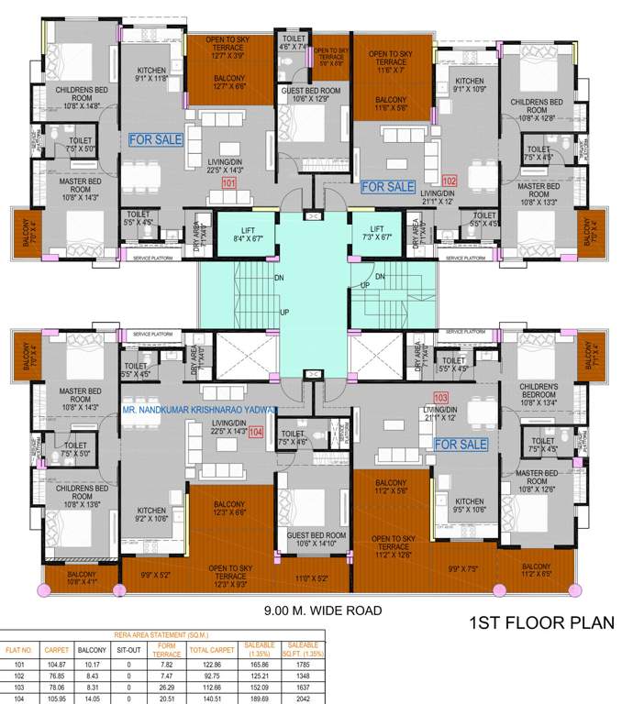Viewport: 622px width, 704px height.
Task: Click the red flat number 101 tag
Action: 229,184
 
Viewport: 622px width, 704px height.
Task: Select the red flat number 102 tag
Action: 450,181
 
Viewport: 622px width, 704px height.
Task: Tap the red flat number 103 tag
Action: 441,398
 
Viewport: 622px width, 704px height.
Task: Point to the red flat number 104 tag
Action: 255,431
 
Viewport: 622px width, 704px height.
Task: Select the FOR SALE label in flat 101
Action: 155,140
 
